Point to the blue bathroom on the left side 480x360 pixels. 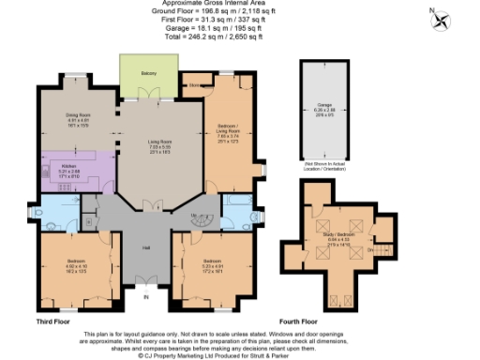(x=59, y=215)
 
